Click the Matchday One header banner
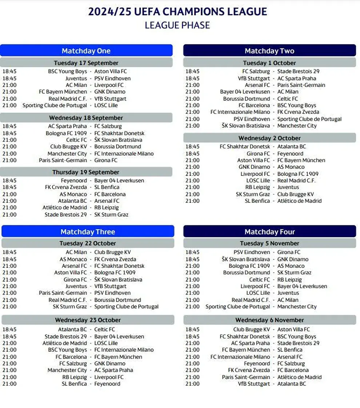click(x=86, y=51)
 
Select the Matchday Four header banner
click(x=269, y=232)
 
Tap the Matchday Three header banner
click(x=88, y=232)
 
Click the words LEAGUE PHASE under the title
click(x=177, y=25)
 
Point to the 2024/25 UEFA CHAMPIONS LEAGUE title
click(x=177, y=12)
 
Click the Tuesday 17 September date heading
click(x=86, y=63)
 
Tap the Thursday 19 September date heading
click(x=86, y=172)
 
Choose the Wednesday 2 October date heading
click(x=269, y=138)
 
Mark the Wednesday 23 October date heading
click(x=88, y=320)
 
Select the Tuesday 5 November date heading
click(x=269, y=243)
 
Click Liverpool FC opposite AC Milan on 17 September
click(x=109, y=85)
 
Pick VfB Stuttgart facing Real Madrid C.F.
click(x=110, y=98)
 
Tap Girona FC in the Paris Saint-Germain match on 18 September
click(x=106, y=160)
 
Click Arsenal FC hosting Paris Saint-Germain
click(x=257, y=85)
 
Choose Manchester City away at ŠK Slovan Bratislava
click(x=297, y=126)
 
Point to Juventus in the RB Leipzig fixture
click(x=288, y=187)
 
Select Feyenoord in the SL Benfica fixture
click(x=107, y=384)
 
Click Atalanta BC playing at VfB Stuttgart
click(x=292, y=384)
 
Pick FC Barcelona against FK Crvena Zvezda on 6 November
click(x=293, y=370)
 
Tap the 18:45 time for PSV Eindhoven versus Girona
click(x=192, y=252)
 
